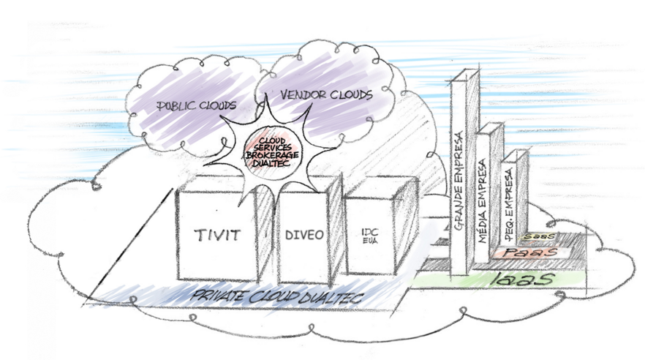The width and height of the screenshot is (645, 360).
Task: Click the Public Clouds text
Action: click(x=190, y=104)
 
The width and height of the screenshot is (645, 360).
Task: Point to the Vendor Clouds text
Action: click(x=316, y=95)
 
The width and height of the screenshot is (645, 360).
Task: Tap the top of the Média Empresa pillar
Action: click(x=490, y=128)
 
